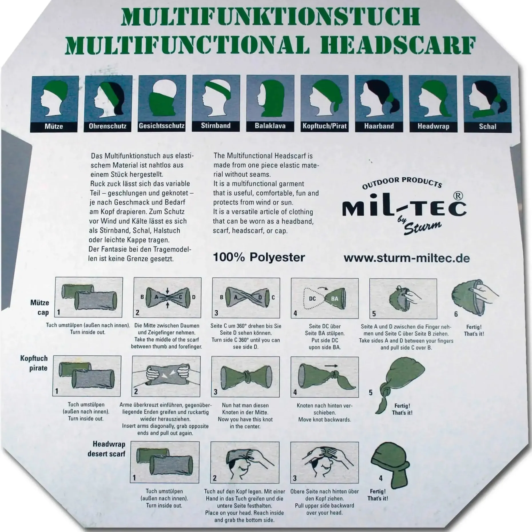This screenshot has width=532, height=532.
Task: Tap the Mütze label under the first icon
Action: [x=54, y=126]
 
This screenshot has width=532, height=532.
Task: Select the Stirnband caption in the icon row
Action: [x=216, y=126]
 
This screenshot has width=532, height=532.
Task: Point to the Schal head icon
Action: [x=487, y=99]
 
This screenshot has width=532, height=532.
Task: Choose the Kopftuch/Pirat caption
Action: [x=325, y=126]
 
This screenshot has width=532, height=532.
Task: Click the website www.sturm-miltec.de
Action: [x=406, y=258]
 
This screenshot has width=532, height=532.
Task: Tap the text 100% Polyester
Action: [x=259, y=257]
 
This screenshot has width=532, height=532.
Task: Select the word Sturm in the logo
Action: [x=422, y=228]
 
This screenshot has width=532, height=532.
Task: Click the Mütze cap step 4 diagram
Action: [x=325, y=298]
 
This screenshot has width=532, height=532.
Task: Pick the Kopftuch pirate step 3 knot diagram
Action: [x=245, y=377]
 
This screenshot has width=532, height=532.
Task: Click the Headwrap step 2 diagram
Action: [x=245, y=462]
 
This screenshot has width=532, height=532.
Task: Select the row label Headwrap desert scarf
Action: [x=107, y=449]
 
